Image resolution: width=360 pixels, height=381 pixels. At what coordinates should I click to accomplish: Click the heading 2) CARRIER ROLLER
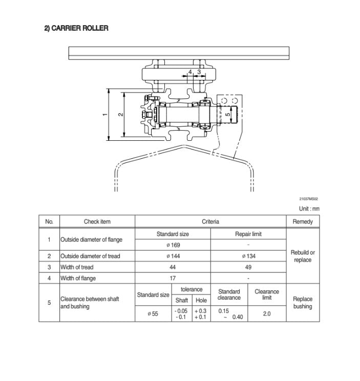click(x=76, y=28)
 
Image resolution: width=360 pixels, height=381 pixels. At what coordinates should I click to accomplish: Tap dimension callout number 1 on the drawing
click(x=105, y=114)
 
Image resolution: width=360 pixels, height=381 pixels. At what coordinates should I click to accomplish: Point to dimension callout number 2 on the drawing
click(x=120, y=114)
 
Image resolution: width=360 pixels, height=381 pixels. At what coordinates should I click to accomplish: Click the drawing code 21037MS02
click(x=309, y=199)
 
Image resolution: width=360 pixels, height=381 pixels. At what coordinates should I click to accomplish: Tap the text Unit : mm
click(x=309, y=209)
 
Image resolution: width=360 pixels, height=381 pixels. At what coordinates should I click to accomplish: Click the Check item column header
click(x=97, y=222)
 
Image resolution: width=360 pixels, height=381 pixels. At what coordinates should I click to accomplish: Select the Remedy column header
click(x=303, y=222)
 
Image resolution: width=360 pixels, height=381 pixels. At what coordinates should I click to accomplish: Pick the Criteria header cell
click(x=210, y=222)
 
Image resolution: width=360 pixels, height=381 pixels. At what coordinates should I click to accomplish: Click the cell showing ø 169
click(x=173, y=245)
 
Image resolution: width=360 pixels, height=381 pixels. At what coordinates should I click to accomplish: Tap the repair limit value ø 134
click(x=248, y=256)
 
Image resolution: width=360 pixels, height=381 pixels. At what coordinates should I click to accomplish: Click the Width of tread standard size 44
click(x=173, y=267)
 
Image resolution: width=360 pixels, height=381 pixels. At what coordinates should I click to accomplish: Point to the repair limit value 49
click(x=248, y=267)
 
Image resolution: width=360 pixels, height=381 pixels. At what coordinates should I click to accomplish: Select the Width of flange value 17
click(x=173, y=279)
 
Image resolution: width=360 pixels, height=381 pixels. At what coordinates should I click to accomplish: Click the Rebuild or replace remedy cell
click(x=303, y=256)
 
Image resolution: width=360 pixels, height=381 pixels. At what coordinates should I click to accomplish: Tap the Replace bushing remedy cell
click(x=303, y=303)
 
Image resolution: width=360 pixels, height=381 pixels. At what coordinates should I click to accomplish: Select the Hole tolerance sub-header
click(x=201, y=301)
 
